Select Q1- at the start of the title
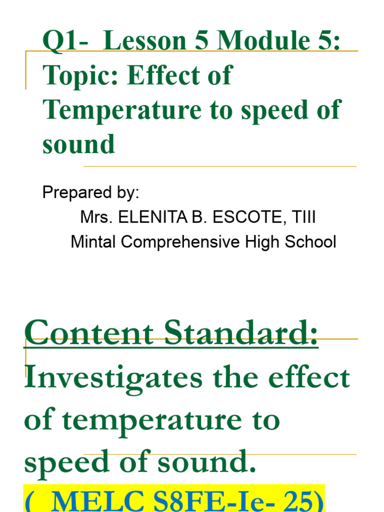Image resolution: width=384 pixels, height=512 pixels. (x=63, y=42)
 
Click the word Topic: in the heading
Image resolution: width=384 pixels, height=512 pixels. (x=81, y=75)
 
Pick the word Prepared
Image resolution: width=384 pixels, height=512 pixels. (x=74, y=192)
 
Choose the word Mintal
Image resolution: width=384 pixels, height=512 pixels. (x=93, y=242)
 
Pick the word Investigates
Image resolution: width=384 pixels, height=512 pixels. (x=113, y=378)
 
